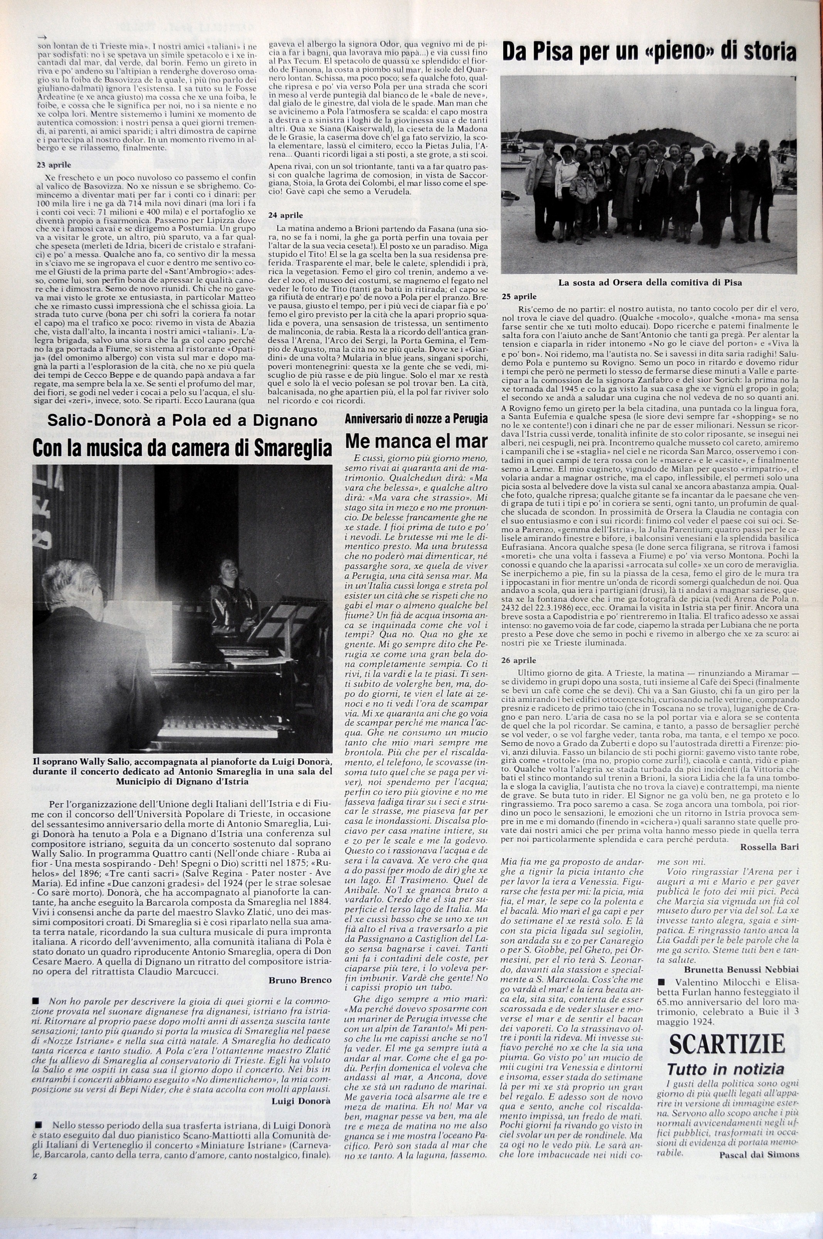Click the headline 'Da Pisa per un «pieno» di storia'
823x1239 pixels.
pos(649,53)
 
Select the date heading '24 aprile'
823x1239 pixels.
pos(286,215)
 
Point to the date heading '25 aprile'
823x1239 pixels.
pos(519,296)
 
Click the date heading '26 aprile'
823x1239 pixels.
pos(519,660)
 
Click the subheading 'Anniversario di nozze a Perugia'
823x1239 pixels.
pos(416,419)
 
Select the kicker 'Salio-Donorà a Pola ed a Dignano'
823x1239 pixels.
pos(183,421)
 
